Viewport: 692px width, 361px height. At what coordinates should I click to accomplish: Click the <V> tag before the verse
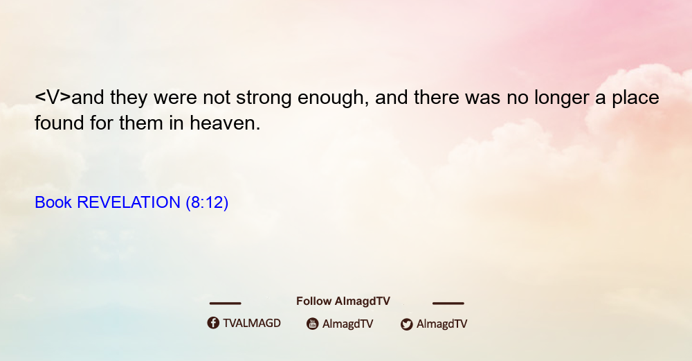[x=53, y=98]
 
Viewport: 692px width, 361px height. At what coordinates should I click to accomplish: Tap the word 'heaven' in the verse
[x=225, y=123]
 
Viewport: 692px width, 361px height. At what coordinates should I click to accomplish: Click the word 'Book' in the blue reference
[x=53, y=202]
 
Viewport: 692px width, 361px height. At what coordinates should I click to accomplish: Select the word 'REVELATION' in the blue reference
[x=129, y=202]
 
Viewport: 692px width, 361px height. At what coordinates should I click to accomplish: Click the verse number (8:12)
[x=207, y=203]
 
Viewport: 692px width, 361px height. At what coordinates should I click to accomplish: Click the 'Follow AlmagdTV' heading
[x=343, y=301]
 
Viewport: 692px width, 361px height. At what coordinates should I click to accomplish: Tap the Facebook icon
[x=213, y=323]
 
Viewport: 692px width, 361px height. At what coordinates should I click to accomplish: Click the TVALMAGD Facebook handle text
[x=252, y=324]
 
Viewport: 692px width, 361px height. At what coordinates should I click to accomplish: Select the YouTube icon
[x=313, y=324]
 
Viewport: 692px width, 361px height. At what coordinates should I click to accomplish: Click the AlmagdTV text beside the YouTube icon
[x=348, y=324]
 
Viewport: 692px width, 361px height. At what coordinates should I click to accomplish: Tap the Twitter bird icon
[x=406, y=324]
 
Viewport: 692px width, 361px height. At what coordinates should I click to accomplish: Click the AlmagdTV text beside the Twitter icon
[x=441, y=324]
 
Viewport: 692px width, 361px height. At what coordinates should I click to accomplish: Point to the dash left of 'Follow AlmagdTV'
[x=225, y=303]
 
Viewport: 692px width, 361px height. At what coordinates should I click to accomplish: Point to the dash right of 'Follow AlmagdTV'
[x=448, y=303]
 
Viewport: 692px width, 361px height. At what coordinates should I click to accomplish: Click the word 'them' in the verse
[x=140, y=123]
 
